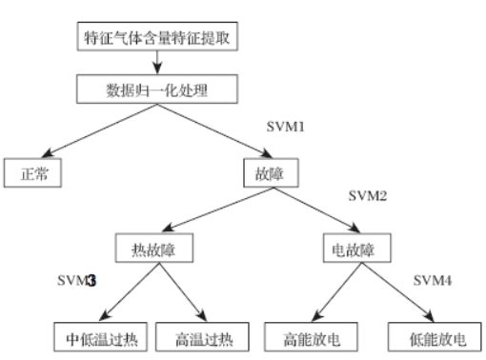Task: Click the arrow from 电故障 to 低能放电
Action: click(x=395, y=291)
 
